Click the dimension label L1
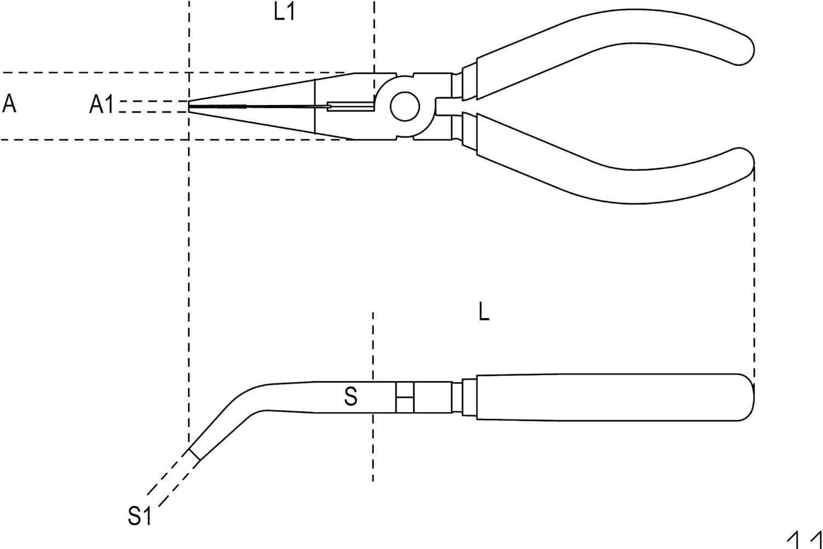[284, 12]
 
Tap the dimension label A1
[102, 104]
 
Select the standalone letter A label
[9, 103]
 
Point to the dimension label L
[483, 312]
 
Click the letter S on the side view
[351, 396]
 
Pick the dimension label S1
[139, 516]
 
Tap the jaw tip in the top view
[190, 106]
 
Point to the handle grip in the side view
[604, 397]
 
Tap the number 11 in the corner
[804, 540]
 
